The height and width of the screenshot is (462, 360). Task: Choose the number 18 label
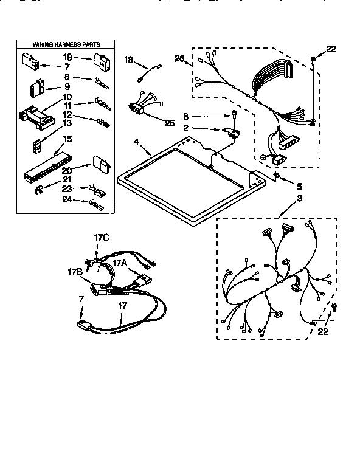point(128,59)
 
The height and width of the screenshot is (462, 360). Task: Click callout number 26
point(179,58)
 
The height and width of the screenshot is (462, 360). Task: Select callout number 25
point(169,123)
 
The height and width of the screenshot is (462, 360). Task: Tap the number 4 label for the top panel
point(137,144)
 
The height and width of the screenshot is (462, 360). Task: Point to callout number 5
point(299,185)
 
